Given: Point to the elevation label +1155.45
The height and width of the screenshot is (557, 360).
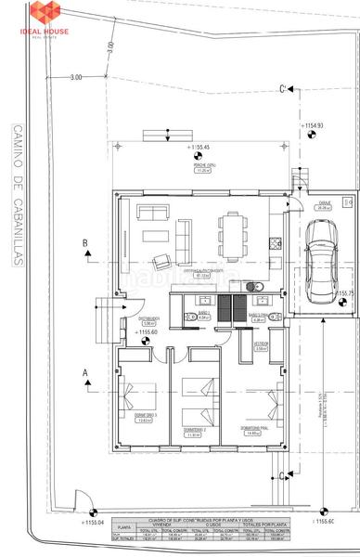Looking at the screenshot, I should [200, 148].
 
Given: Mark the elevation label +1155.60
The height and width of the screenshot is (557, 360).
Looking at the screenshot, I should [149, 331].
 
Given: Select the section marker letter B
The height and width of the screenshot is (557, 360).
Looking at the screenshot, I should [85, 243].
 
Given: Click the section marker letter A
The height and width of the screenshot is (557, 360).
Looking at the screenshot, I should [85, 371].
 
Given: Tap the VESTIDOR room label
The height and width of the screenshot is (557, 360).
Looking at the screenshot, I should [263, 343].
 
